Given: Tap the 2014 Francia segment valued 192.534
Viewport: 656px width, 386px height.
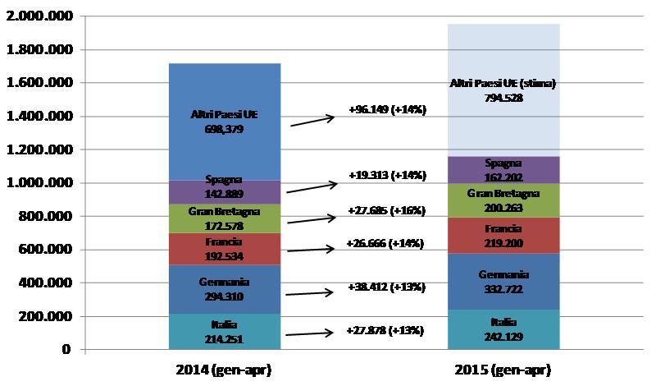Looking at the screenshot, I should (x=224, y=249).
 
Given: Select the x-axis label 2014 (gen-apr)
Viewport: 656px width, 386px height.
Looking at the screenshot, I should (x=224, y=370).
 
